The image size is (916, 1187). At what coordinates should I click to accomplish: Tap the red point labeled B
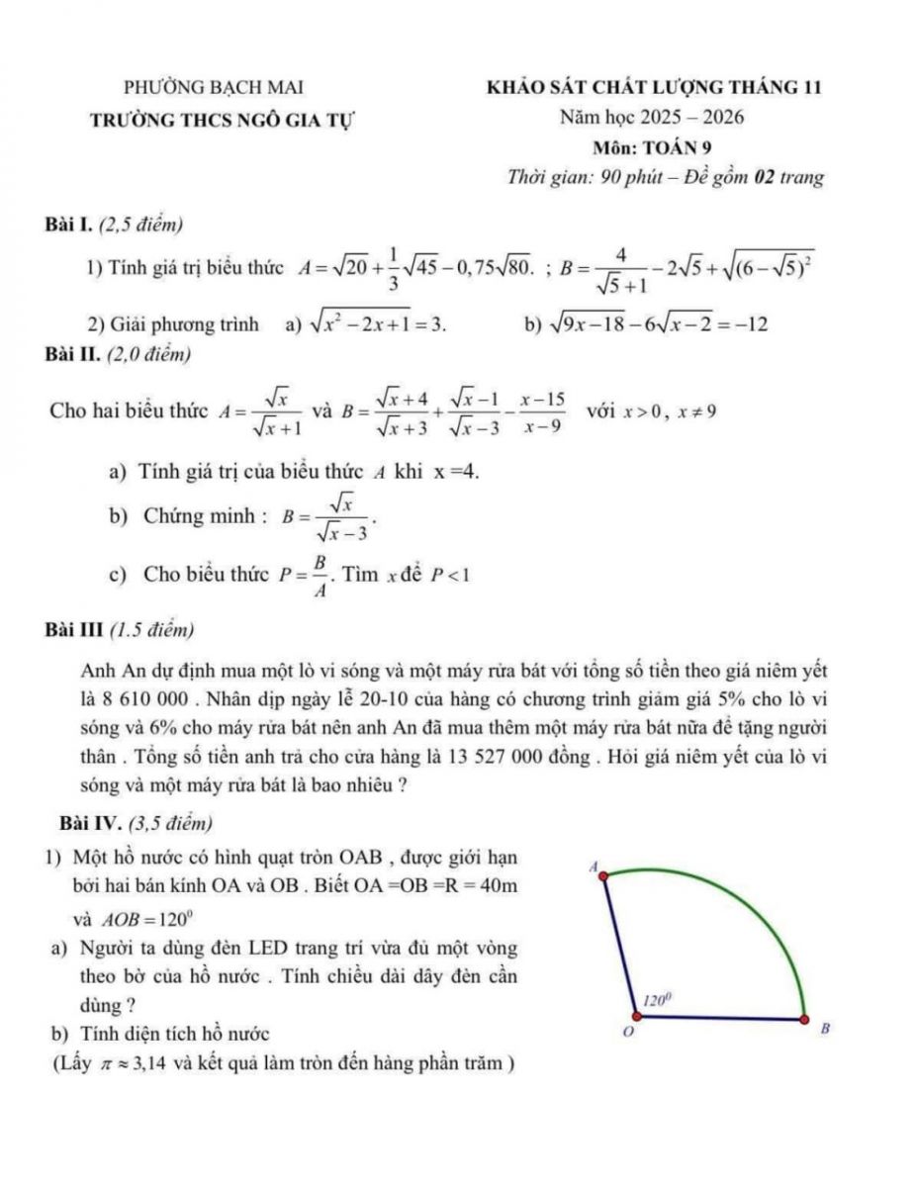click(804, 1019)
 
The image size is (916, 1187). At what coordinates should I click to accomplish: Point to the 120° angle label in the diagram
click(658, 999)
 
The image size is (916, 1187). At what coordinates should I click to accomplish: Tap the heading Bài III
click(76, 629)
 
